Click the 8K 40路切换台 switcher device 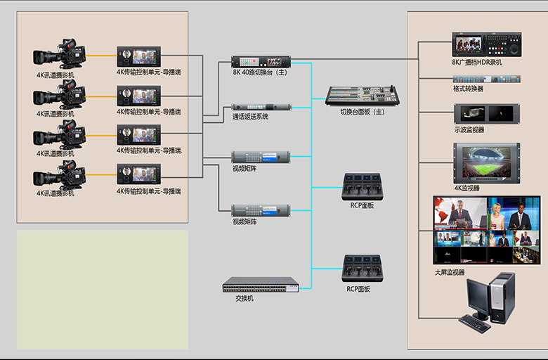261,61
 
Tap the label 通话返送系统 250,117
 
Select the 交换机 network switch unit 261,284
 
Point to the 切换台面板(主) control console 362,95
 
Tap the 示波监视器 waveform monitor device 486,113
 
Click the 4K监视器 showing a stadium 486,162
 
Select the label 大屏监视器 450,272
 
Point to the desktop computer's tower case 502,299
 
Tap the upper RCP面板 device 362,186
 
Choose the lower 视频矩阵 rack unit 261,210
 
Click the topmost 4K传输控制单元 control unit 138,56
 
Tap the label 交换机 244,297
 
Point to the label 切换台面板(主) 363,112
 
